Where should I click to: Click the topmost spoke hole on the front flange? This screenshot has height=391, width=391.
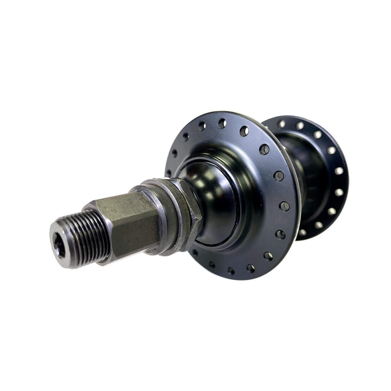pos(222,123)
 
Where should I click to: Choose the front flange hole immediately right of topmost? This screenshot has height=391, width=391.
pos(244,131)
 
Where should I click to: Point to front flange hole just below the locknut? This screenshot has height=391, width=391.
pos(195,252)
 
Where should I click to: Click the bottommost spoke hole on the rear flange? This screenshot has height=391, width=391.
pos(303,232)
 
